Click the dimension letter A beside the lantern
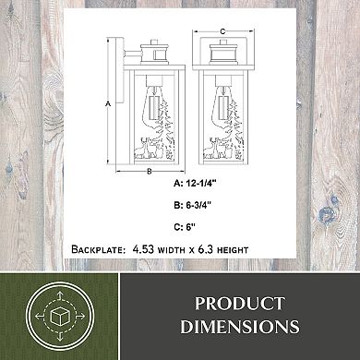108,104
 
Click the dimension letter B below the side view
150,172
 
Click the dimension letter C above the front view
222,31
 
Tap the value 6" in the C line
191,227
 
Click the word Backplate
98,249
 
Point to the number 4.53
143,249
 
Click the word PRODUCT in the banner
240,304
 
